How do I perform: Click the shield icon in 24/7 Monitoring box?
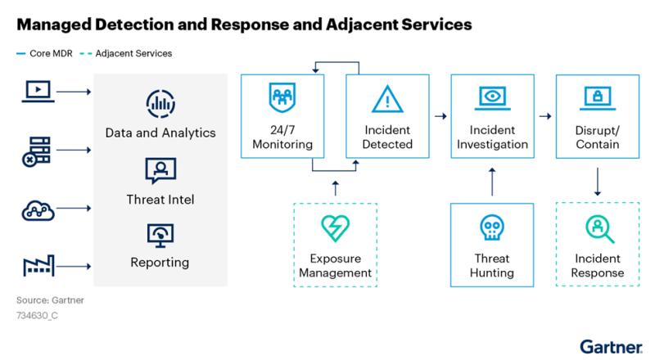[x=282, y=97]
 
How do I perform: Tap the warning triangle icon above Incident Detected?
[x=387, y=99]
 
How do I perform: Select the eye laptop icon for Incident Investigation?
[x=493, y=98]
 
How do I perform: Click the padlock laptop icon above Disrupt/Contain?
[x=598, y=98]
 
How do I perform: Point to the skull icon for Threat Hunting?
[x=492, y=227]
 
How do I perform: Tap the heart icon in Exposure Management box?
[x=335, y=228]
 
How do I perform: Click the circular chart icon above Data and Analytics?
[x=160, y=104]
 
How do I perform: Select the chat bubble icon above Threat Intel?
[x=160, y=170]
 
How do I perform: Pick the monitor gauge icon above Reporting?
[x=160, y=236]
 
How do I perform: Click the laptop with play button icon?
[x=38, y=91]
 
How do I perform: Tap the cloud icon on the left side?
[x=38, y=210]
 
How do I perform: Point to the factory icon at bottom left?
[x=38, y=266]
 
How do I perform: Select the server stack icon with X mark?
[x=36, y=151]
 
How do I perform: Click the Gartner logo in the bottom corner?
[x=611, y=348]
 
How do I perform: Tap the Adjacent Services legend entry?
[x=126, y=53]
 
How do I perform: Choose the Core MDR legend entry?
[x=44, y=53]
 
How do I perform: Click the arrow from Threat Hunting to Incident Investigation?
[x=492, y=182]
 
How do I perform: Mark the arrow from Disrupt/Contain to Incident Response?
[x=598, y=182]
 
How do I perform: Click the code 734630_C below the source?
[x=37, y=316]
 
